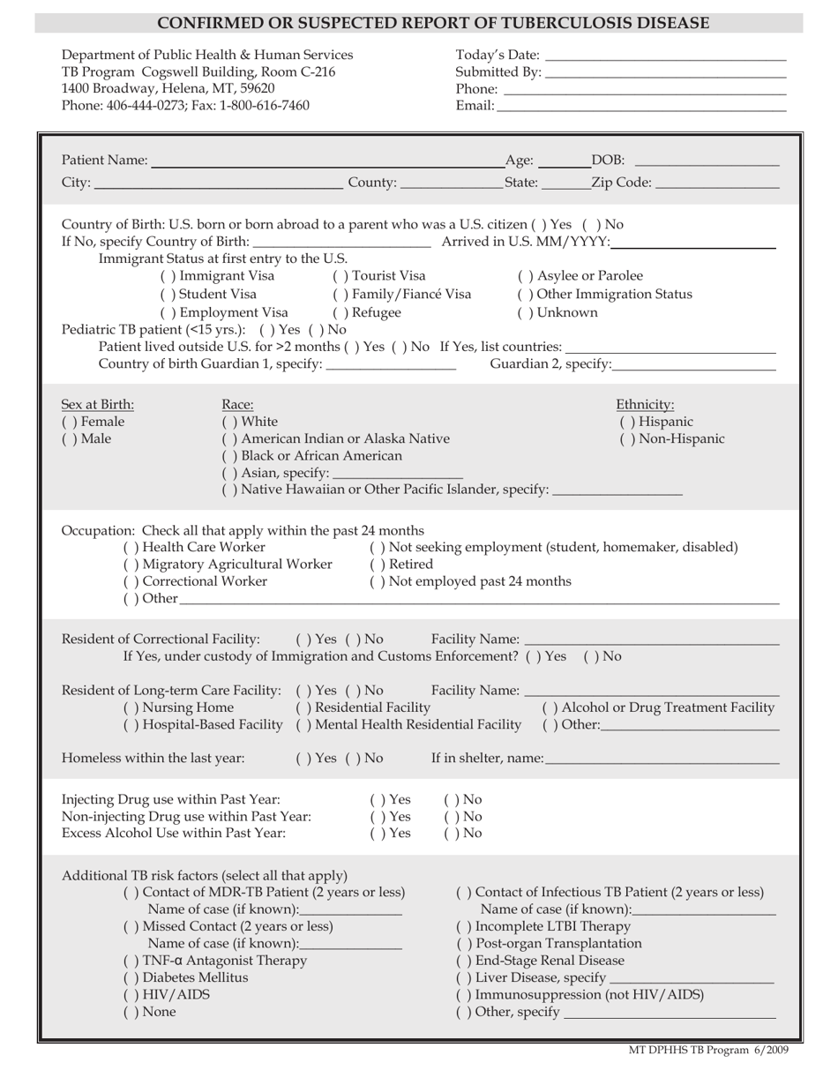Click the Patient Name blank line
coord(326,161)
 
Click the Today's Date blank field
coord(666,56)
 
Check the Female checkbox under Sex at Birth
coord(67,422)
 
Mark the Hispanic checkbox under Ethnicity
coord(625,422)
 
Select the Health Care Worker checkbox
coord(130,547)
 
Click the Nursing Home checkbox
coord(130,707)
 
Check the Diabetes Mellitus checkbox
coord(130,977)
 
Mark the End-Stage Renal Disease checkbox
coord(461,961)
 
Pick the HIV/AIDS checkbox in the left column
coord(130,995)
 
